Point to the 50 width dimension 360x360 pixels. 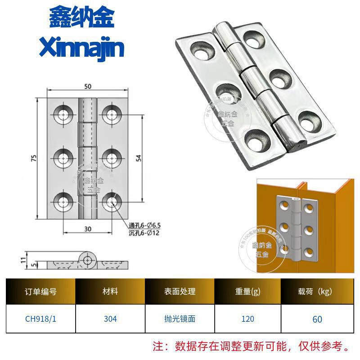[87, 86]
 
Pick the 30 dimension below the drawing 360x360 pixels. [87, 229]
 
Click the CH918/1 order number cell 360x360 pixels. [40, 319]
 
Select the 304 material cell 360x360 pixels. [110, 319]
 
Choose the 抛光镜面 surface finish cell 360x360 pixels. [180, 319]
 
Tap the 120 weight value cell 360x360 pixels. [247, 319]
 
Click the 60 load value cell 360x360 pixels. [317, 319]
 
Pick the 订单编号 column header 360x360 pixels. [40, 292]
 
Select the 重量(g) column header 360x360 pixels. [247, 292]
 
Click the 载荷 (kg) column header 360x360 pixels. [317, 292]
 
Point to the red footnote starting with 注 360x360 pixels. [252, 346]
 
